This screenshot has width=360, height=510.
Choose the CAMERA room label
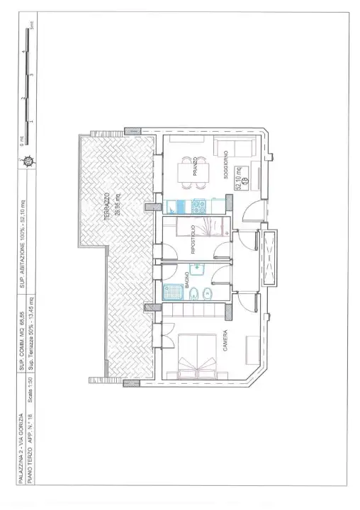click(226, 339)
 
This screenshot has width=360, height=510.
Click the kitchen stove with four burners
click(198, 208)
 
